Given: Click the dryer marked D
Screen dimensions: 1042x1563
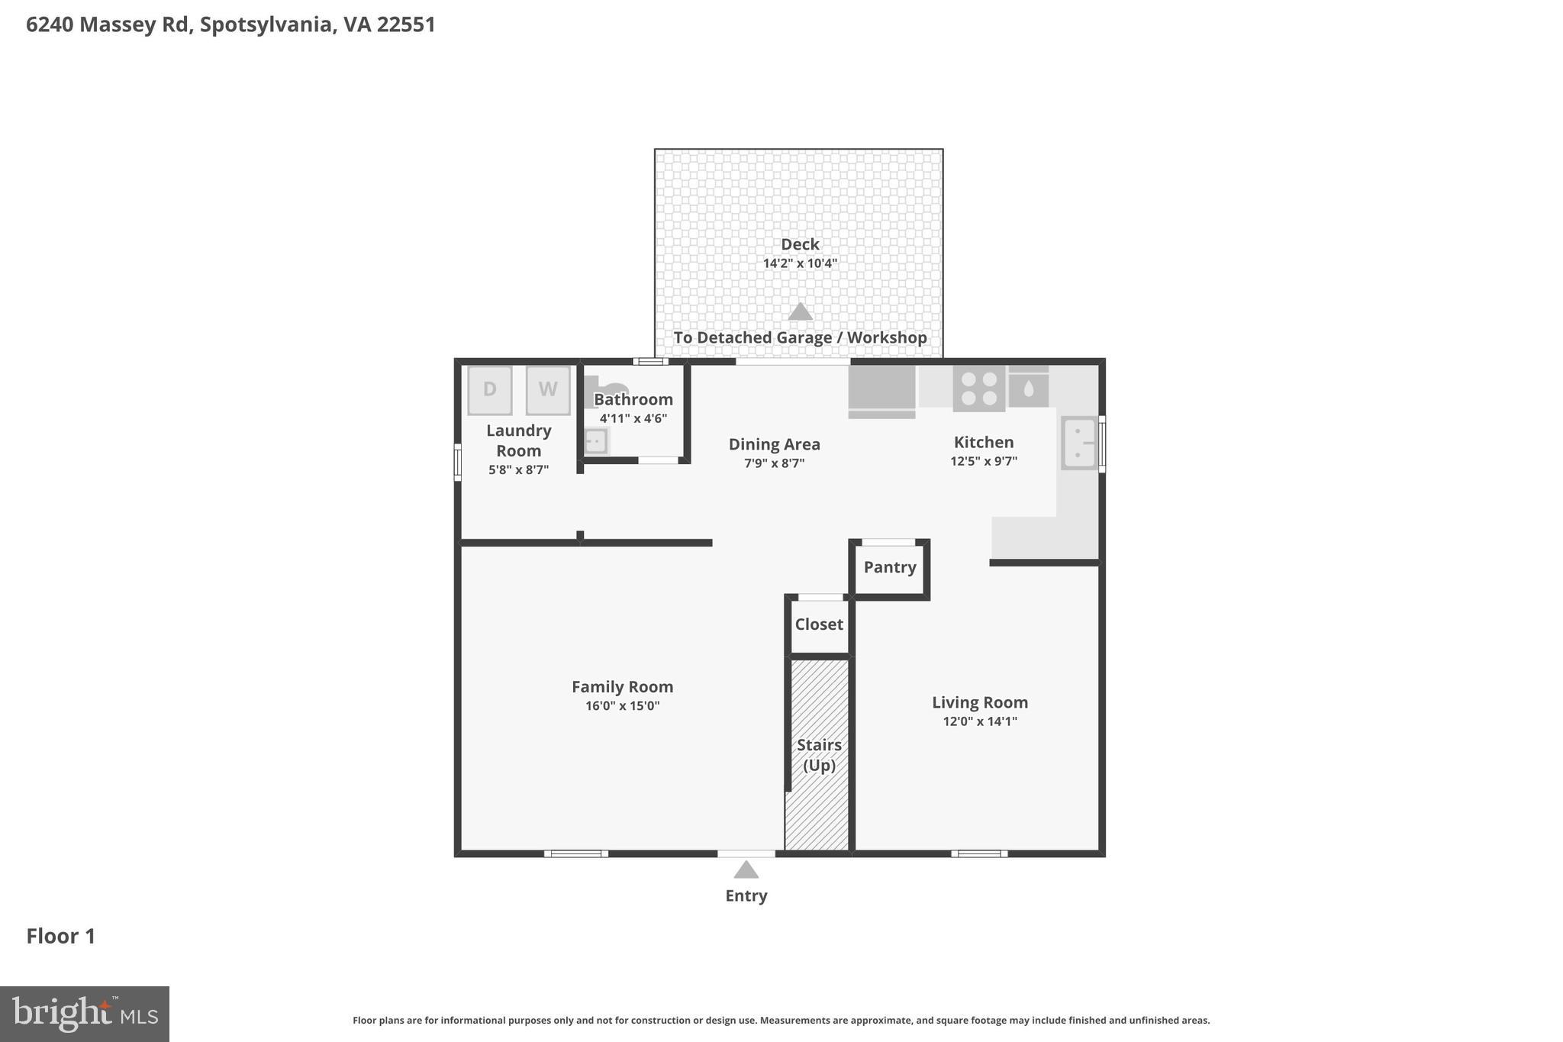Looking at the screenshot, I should click(489, 390).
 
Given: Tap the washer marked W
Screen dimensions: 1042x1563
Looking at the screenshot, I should click(547, 390).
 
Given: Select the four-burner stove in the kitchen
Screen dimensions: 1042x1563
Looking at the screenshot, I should click(978, 389).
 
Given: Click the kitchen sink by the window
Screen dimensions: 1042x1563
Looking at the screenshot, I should click(1078, 443).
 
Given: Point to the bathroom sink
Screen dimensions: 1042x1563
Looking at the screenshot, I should click(595, 441).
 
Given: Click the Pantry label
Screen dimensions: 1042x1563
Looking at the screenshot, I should click(890, 567).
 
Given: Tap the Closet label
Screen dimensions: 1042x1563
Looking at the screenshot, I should click(819, 624).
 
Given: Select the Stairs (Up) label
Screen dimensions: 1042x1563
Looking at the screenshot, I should click(819, 755).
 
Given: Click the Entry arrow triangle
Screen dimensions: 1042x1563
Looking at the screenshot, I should click(746, 869).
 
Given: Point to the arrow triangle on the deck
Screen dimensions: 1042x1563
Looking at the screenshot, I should click(800, 311).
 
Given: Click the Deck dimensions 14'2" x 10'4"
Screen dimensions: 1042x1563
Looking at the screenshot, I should click(800, 263).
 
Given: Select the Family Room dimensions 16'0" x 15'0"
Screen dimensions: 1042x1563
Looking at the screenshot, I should click(622, 706).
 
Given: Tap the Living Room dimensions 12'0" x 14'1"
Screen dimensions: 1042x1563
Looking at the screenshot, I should click(980, 721).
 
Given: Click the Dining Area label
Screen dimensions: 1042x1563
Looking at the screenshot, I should click(774, 444).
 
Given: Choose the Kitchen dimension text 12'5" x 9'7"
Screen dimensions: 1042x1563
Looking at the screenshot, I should click(983, 461).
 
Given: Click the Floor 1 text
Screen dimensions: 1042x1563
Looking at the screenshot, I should click(61, 937).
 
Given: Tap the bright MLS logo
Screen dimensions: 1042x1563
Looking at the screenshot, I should click(84, 1014).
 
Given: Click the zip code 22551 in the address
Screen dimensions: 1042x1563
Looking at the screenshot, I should click(406, 24).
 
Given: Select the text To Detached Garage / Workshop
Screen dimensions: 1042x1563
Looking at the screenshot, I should click(800, 337).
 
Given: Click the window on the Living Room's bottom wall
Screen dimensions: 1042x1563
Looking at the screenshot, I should click(978, 853).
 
